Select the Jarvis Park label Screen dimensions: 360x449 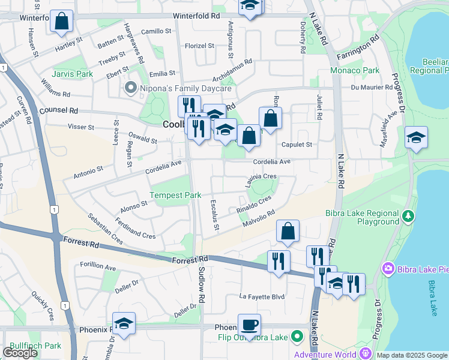pos(72,74)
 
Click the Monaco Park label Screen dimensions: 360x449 pos(355,70)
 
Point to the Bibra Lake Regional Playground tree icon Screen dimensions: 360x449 pos(408,215)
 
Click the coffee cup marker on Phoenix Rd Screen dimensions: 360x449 pos(249,325)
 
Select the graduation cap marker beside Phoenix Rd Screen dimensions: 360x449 pos(124,323)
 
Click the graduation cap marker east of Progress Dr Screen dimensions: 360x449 pos(415,137)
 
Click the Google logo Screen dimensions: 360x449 pos(20,353)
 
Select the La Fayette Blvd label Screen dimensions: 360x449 pos(262,296)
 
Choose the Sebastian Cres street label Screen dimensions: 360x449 pos(105,228)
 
